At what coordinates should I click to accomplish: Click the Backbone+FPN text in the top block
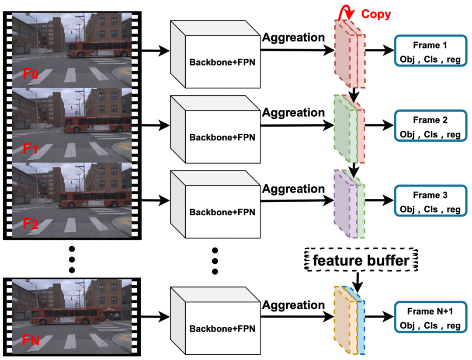(222, 62)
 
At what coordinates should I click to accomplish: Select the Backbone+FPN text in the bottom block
(222, 328)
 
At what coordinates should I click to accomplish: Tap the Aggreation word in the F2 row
(293, 189)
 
